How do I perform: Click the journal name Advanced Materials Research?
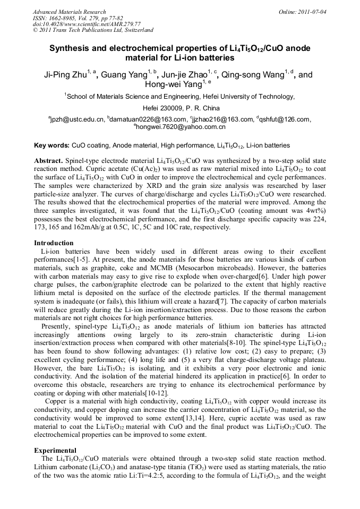[x=69, y=12]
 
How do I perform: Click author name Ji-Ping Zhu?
[x=65, y=75]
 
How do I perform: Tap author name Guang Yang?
[x=123, y=75]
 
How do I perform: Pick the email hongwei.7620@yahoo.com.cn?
[x=181, y=127]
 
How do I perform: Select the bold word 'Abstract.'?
[x=49, y=160]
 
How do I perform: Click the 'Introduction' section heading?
[x=54, y=243]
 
